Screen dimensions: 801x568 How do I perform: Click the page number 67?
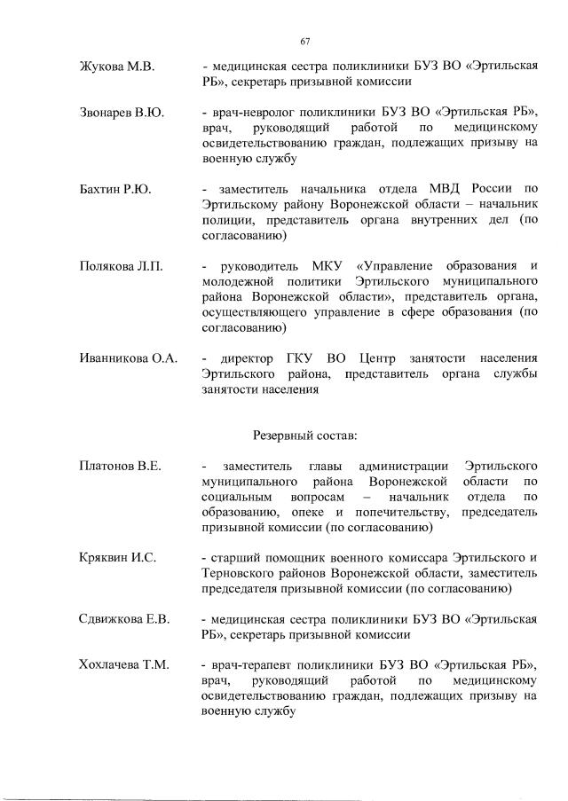click(305, 42)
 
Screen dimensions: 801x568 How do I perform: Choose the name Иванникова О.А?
click(128, 357)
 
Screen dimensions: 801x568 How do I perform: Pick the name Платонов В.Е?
click(120, 466)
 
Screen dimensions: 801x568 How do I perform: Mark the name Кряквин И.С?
click(117, 557)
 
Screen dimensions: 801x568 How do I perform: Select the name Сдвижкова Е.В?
click(124, 618)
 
